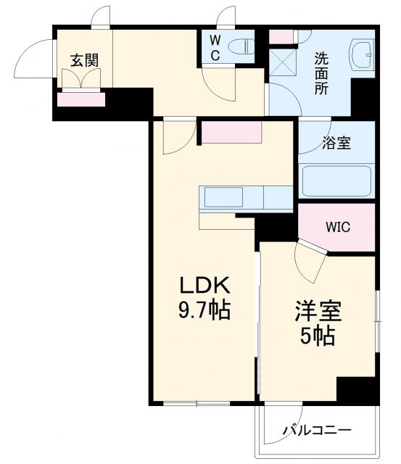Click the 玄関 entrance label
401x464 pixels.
point(84,60)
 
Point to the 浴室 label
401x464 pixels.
point(336,143)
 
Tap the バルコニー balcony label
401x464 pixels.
point(317,431)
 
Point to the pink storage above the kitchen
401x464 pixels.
point(231,133)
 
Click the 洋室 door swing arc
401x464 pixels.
point(310,262)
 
